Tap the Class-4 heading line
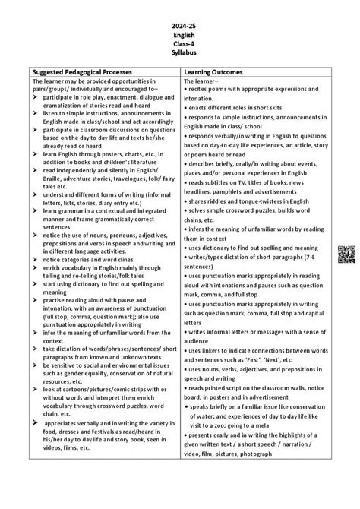[180, 43]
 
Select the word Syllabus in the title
[180, 52]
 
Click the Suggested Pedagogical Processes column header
[87, 70]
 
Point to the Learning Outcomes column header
[219, 70]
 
